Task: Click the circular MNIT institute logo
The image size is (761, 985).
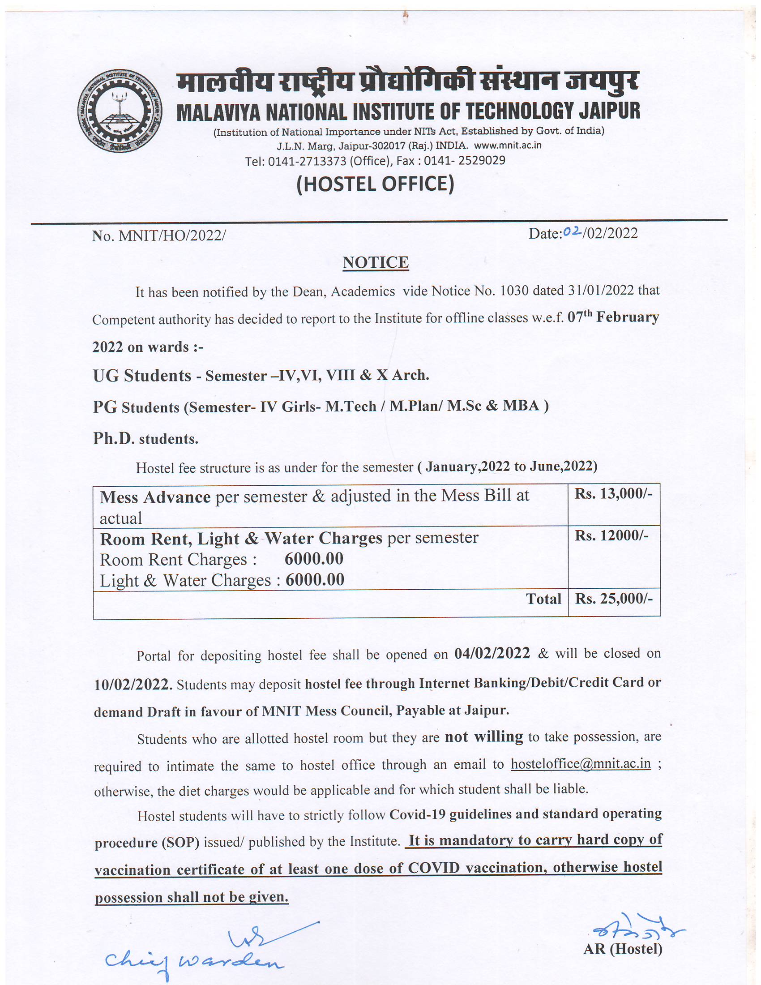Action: coord(119,111)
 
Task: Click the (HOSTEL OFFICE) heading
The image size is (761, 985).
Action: coord(375,184)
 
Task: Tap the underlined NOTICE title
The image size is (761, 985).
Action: coord(376,262)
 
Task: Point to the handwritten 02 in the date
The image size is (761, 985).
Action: coord(572,231)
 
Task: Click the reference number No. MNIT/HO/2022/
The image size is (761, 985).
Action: coord(159,236)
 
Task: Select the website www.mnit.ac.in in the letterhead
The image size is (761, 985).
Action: coord(508,145)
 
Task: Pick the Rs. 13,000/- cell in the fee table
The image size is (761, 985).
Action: coord(613,494)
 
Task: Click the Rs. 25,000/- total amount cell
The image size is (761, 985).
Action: coord(614,599)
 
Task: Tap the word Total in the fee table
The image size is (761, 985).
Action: coord(543,599)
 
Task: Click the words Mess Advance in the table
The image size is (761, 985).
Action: coord(155,497)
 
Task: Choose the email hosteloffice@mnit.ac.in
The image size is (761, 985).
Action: coord(581,763)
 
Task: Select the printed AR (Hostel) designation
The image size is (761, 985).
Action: coord(623,949)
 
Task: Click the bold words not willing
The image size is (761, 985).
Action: coord(484,737)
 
